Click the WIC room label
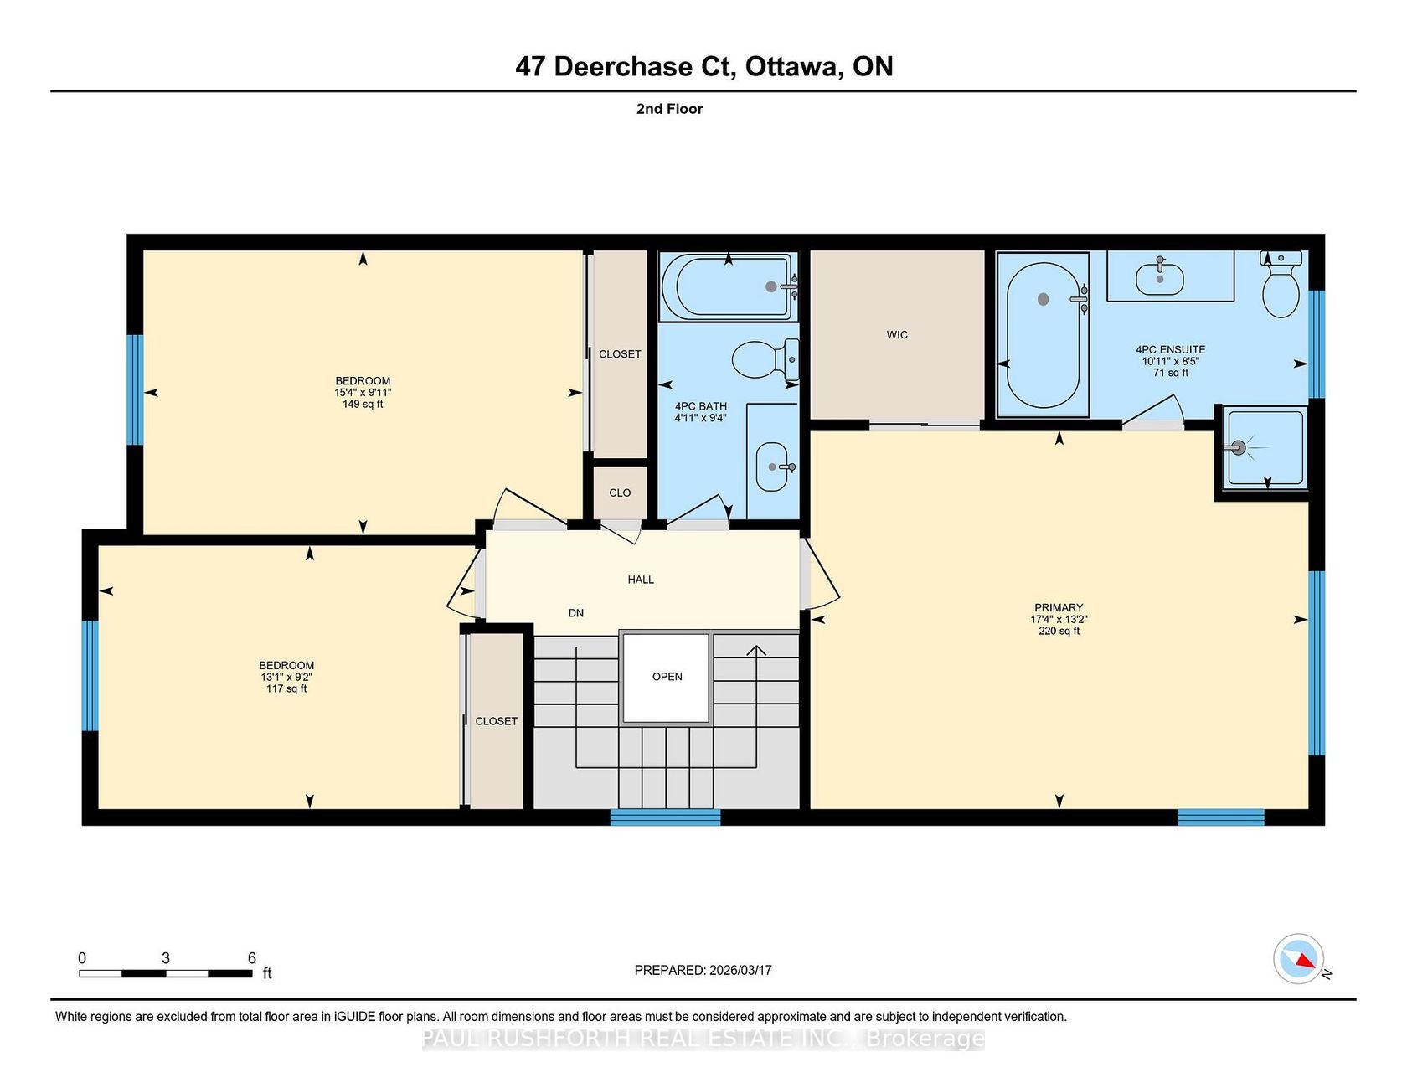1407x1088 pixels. (x=897, y=335)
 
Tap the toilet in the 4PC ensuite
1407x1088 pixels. (x=1281, y=284)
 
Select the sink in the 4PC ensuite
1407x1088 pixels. (x=1159, y=279)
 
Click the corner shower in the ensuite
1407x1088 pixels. (x=1265, y=447)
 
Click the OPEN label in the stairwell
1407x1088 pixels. (x=667, y=677)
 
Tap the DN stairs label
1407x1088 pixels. (x=576, y=613)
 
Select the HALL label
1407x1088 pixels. (x=641, y=580)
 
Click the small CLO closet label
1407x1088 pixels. (x=620, y=492)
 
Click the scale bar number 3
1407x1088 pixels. (x=166, y=958)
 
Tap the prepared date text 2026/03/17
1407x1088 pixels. (x=740, y=970)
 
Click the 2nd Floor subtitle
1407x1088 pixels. (x=669, y=109)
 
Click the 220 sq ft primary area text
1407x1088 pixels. (x=1059, y=632)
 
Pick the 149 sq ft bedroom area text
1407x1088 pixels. (x=363, y=404)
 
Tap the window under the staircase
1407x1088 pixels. (x=665, y=817)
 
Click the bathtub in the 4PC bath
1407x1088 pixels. (x=728, y=286)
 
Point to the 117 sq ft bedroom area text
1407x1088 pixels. (x=286, y=688)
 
